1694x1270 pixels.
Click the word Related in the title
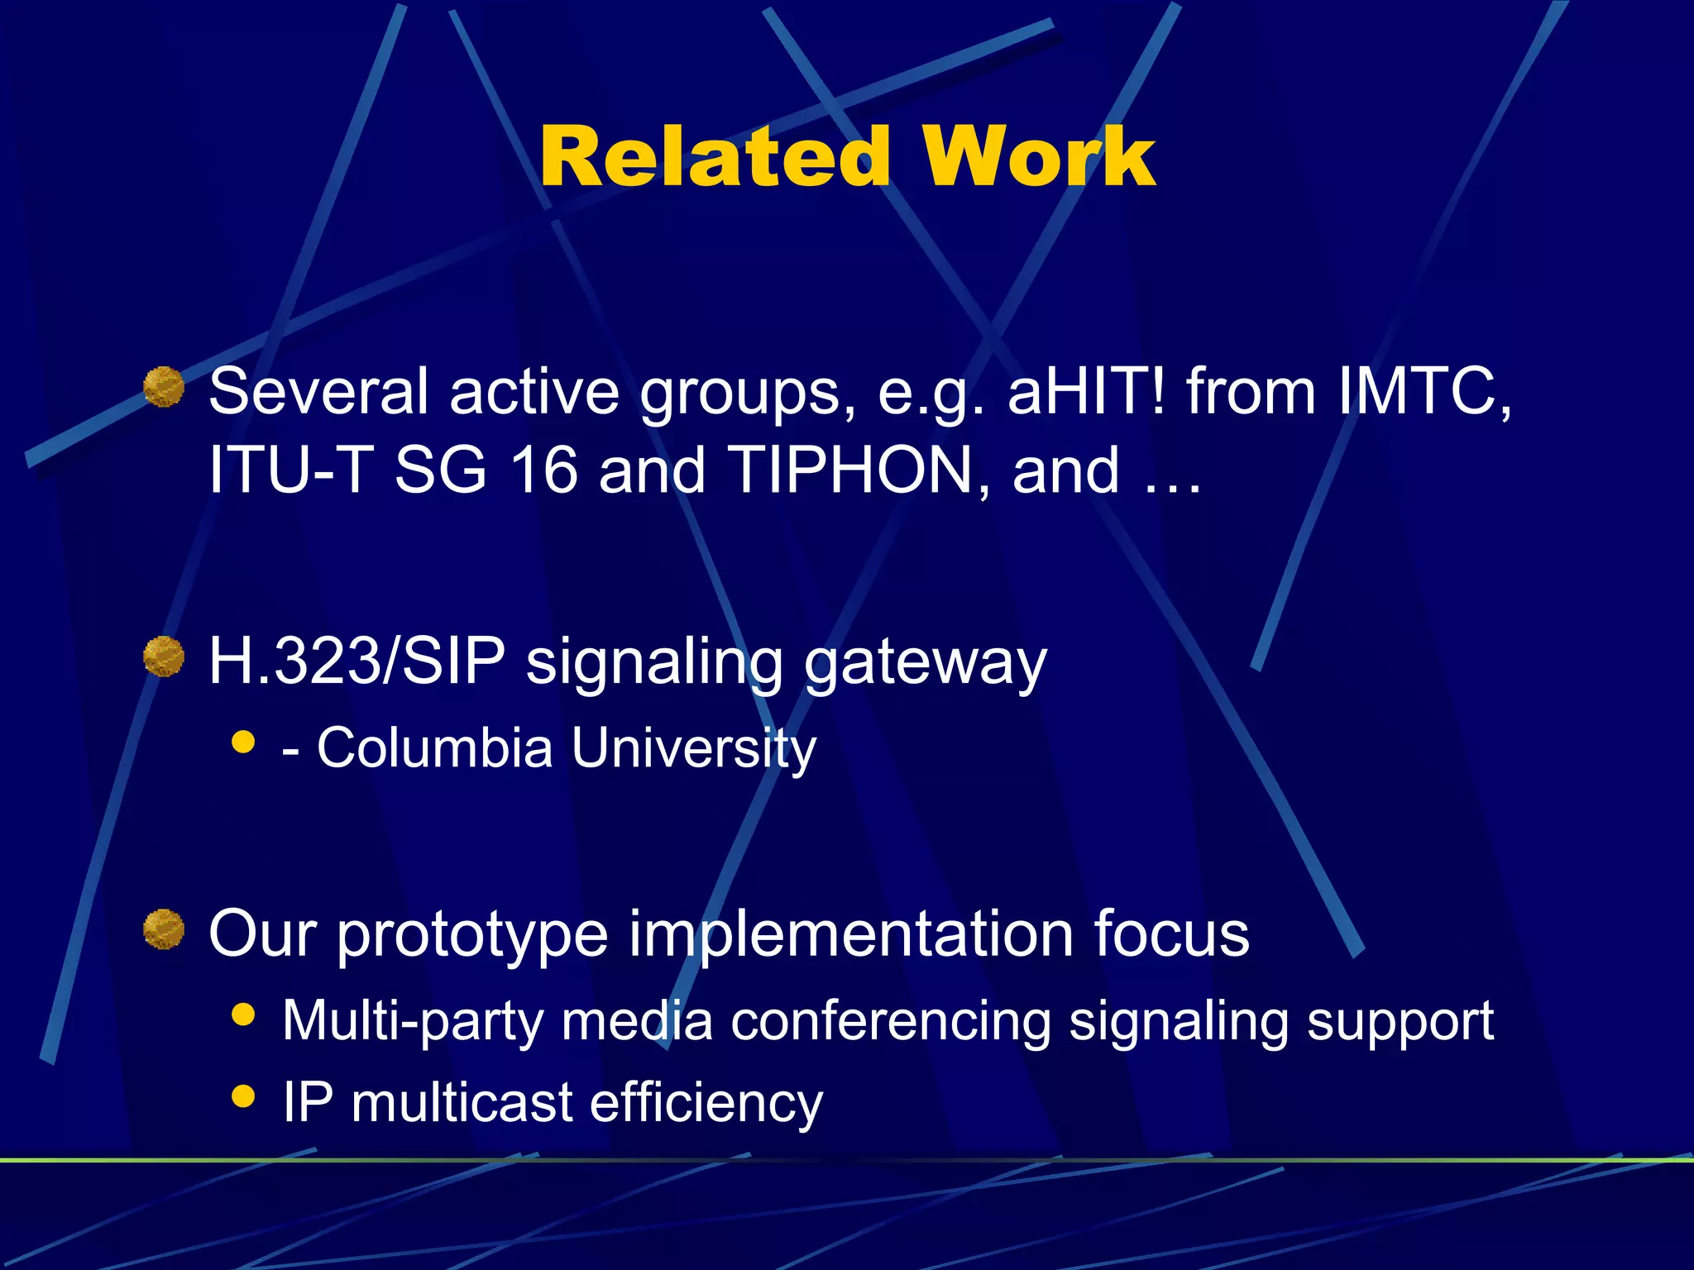tap(715, 157)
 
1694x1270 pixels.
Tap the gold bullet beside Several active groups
tap(164, 387)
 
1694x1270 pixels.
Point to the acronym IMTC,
tap(1424, 390)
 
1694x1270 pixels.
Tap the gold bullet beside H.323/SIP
tap(164, 656)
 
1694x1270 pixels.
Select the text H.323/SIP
tap(357, 661)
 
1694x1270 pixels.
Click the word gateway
tap(925, 663)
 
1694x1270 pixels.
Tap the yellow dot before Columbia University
tap(243, 741)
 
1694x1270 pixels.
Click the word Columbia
tap(434, 747)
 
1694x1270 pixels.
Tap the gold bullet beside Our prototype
tap(164, 929)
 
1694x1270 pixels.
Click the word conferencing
tap(890, 1022)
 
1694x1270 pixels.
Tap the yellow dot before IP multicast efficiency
tap(243, 1096)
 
